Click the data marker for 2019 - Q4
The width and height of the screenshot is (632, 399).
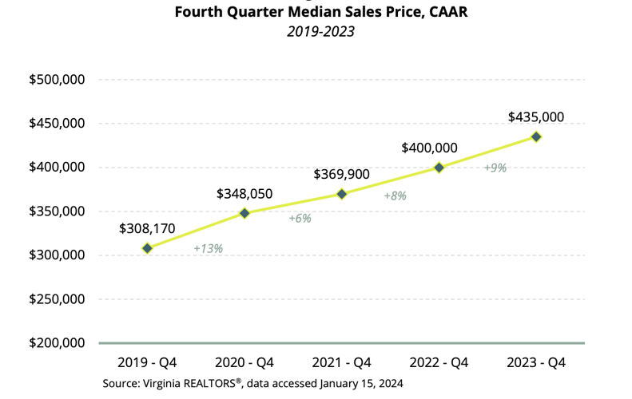148,248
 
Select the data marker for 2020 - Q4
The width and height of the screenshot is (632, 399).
244,213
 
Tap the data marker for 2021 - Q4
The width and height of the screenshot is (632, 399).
342,194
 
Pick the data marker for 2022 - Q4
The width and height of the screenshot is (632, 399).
439,168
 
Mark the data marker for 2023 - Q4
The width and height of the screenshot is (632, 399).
536,136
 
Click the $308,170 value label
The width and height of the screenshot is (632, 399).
147,228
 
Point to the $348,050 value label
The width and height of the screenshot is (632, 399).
244,194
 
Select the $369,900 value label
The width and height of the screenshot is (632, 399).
342,174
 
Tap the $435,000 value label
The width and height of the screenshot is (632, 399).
536,117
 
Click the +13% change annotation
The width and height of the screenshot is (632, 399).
208,248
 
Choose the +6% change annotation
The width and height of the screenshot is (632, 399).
300,218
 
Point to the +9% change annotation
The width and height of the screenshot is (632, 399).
495,168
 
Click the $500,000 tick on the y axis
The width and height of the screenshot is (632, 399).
57,80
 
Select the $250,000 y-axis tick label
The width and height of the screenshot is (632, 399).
57,299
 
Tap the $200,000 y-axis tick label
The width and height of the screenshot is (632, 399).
57,343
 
